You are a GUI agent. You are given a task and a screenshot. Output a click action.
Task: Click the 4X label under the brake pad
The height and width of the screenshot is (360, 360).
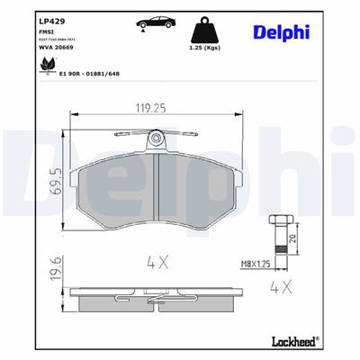pyautogui.click(x=158, y=263)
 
